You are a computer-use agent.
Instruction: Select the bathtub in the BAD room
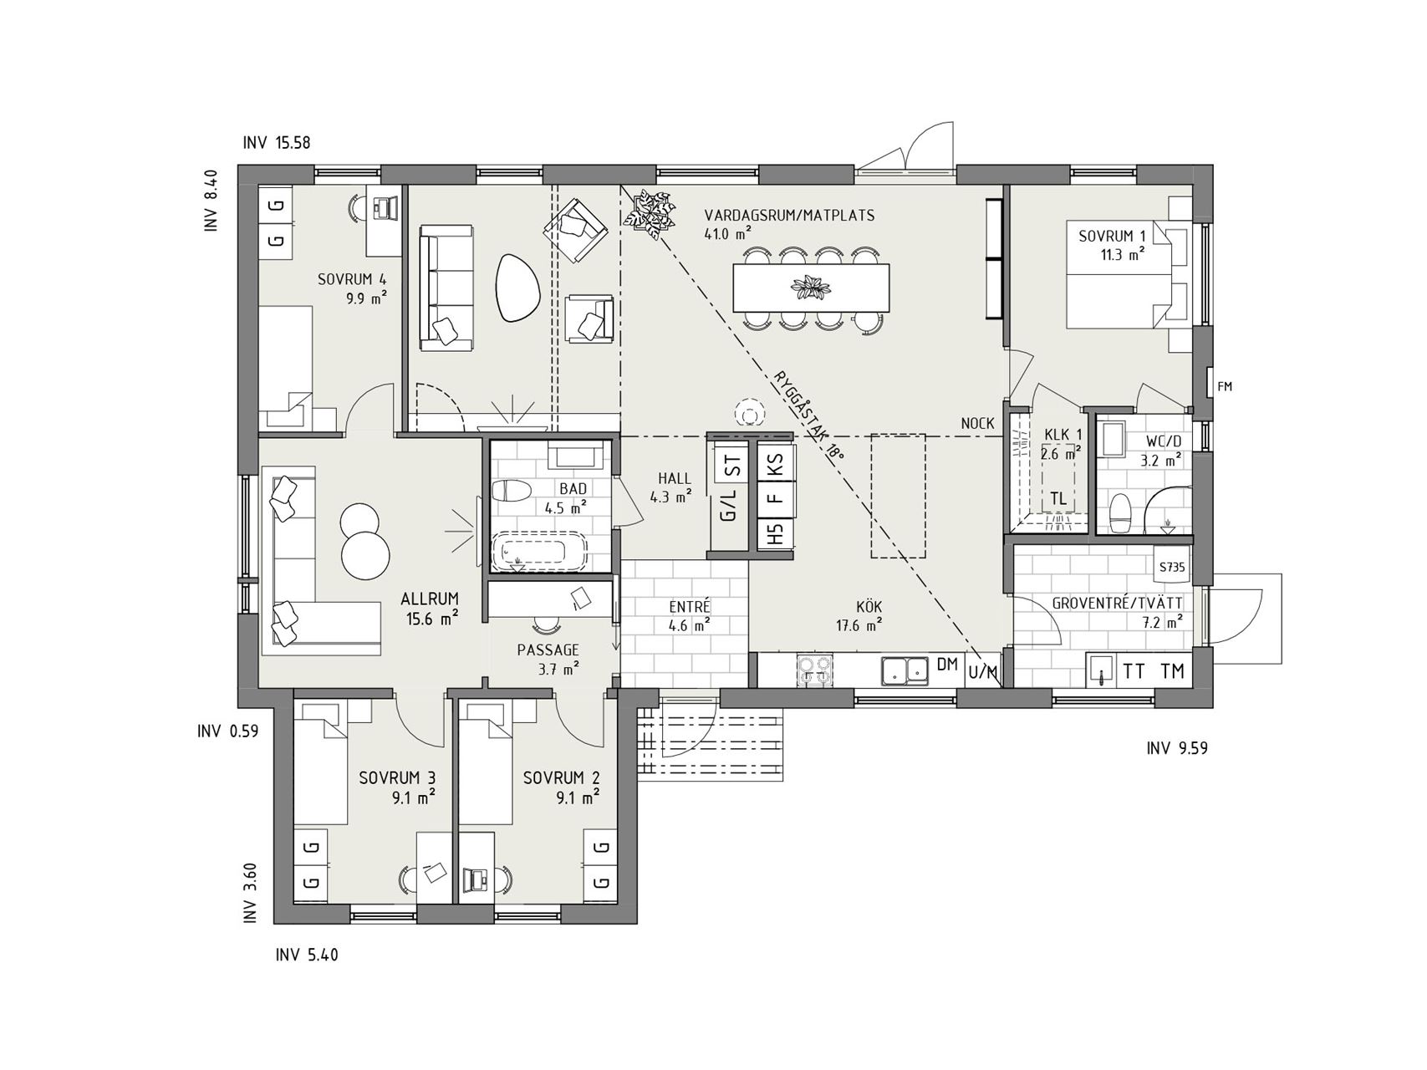coord(540,552)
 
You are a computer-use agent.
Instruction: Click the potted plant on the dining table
coord(810,288)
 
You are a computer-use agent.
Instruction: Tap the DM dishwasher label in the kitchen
coord(946,665)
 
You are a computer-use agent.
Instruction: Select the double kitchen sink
coord(905,670)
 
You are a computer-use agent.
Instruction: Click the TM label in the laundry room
coord(1173,670)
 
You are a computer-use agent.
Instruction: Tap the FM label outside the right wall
coord(1226,386)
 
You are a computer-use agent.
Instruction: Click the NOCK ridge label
coord(977,424)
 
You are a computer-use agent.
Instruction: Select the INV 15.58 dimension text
coord(277,143)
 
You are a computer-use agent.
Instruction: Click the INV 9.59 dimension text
coord(1177,748)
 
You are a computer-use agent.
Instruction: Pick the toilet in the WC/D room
coord(1119,512)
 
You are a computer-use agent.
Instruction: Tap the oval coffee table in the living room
coord(517,287)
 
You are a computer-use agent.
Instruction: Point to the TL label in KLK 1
coord(1058,499)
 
